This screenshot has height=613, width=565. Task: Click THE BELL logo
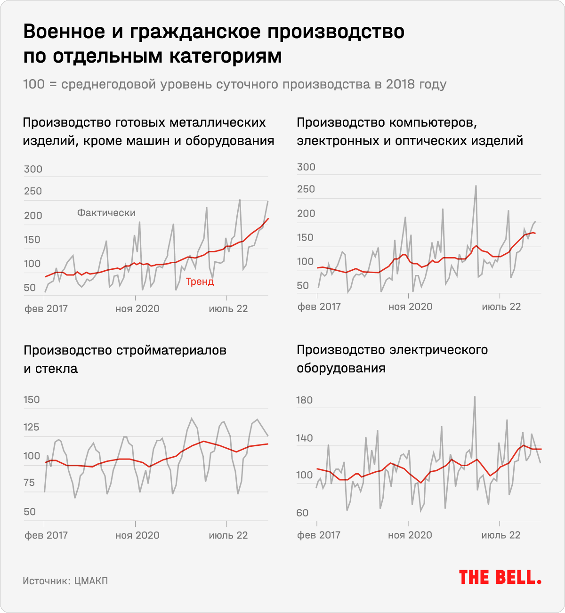click(x=500, y=577)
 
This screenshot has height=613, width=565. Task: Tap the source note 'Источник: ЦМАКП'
click(x=65, y=581)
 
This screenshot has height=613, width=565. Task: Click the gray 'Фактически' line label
click(x=106, y=213)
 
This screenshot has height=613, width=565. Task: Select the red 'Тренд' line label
click(x=200, y=282)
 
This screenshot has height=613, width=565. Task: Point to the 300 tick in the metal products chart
click(x=33, y=169)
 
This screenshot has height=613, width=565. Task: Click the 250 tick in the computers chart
click(x=306, y=189)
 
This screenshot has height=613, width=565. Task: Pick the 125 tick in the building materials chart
click(x=32, y=427)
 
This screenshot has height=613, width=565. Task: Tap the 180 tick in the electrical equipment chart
click(x=304, y=400)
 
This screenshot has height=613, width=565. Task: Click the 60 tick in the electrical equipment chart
click(x=302, y=513)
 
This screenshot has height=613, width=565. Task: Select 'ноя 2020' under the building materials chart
click(x=137, y=535)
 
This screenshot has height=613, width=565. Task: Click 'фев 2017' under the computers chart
click(x=319, y=307)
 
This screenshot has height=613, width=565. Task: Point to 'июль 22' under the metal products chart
click(x=228, y=309)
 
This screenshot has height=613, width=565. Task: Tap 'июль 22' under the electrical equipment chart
click(x=501, y=535)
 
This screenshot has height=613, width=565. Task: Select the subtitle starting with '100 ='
click(x=234, y=84)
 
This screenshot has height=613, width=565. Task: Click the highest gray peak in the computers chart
click(x=476, y=186)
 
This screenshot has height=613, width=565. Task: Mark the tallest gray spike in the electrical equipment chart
click(x=475, y=397)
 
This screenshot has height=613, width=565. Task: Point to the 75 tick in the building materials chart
click(x=29, y=483)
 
